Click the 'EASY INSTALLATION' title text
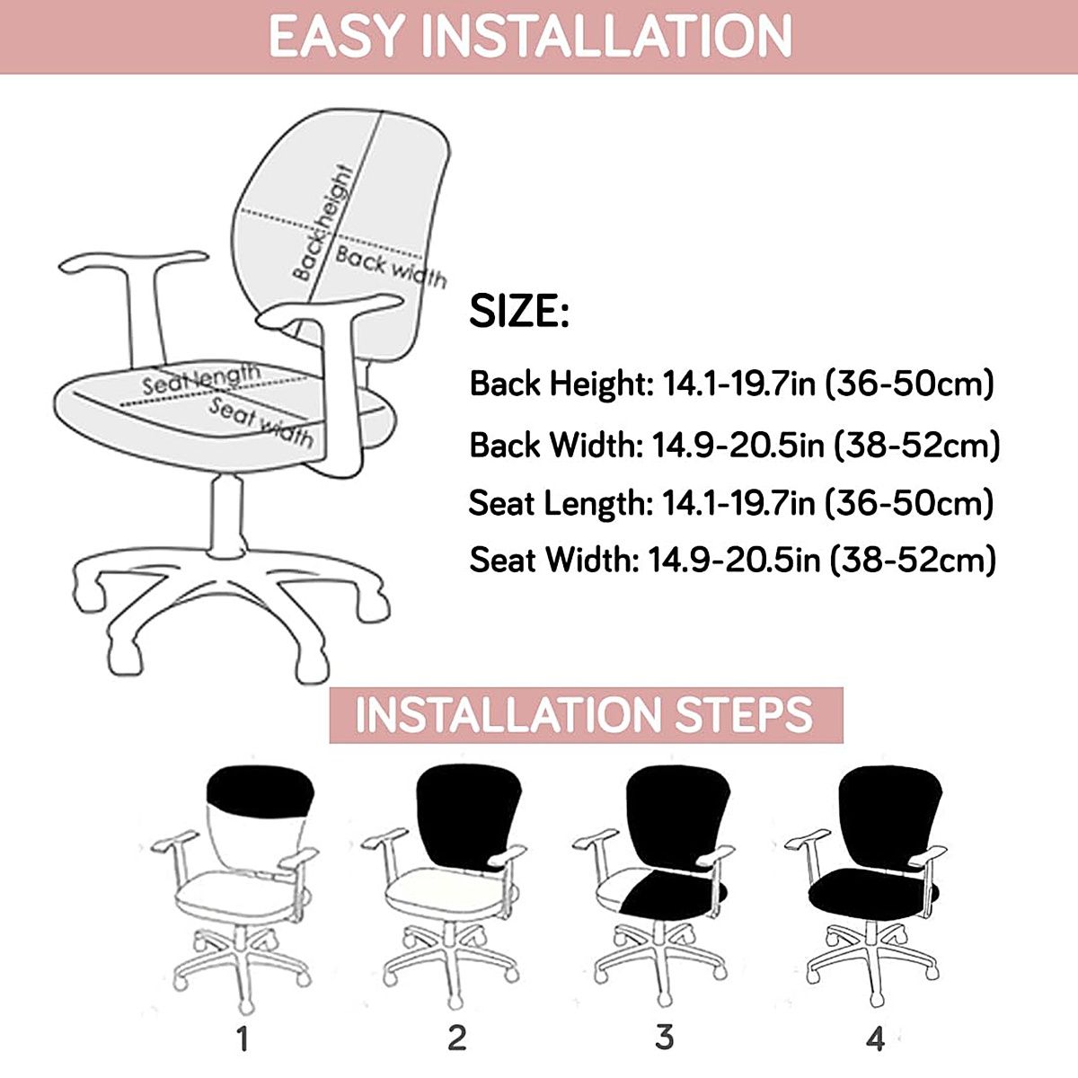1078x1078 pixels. (530, 36)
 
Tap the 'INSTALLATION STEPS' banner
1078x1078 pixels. (586, 715)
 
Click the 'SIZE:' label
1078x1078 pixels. (519, 312)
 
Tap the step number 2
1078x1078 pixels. (456, 1038)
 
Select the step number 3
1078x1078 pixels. (664, 1038)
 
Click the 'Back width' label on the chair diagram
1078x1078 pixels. (390, 267)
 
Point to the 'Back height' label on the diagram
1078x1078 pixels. (323, 223)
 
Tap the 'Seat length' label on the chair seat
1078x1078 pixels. (201, 379)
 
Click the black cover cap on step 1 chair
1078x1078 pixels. (261, 791)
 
